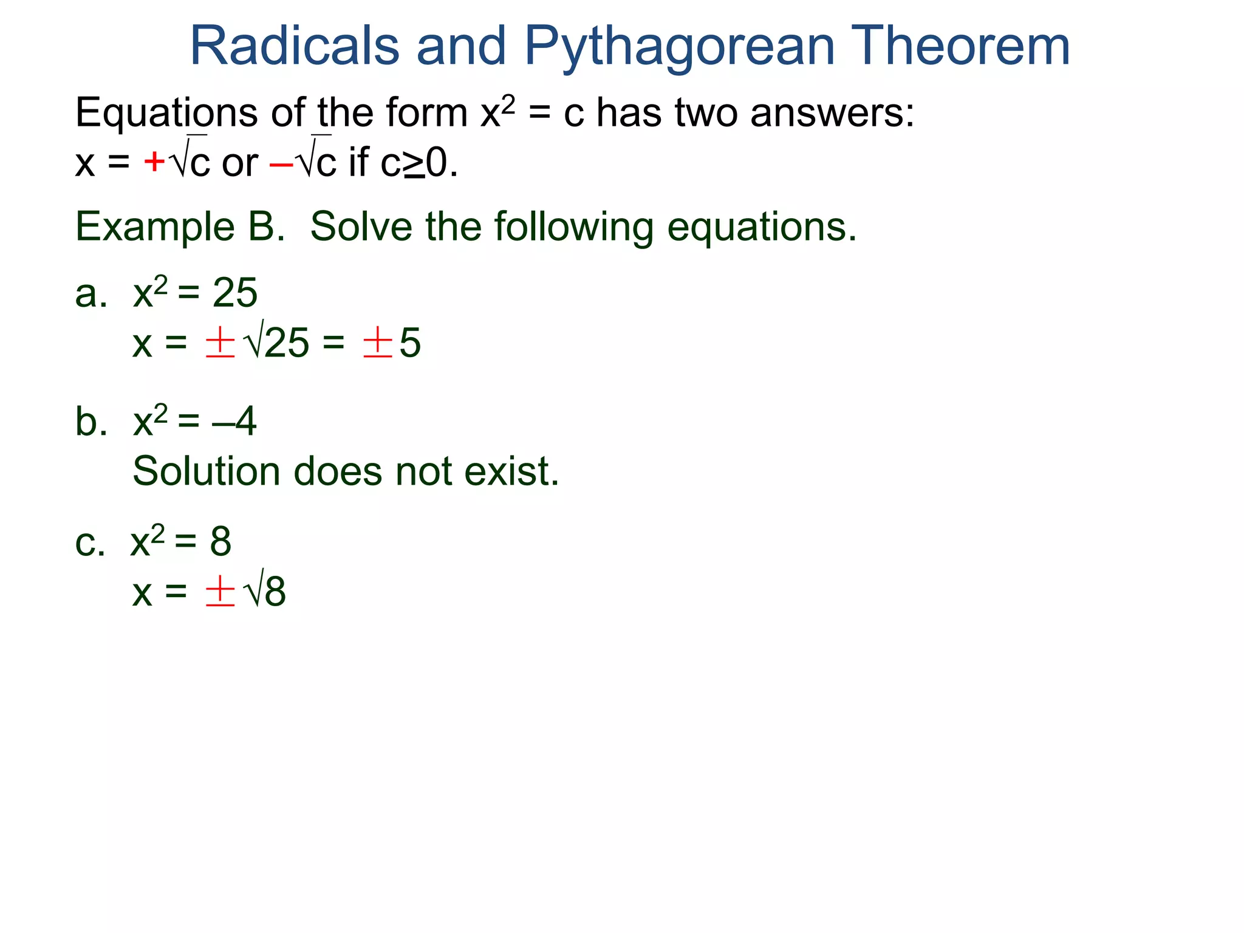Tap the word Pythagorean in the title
pos(679,47)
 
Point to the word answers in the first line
pos(832,114)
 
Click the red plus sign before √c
pos(154,162)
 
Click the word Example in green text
pos(155,227)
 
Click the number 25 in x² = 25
pos(234,293)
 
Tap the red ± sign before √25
pos(220,343)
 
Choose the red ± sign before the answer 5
pos(377,343)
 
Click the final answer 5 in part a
pos(410,343)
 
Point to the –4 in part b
pos(234,422)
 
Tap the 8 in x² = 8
pos(220,541)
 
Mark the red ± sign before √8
pos(220,591)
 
